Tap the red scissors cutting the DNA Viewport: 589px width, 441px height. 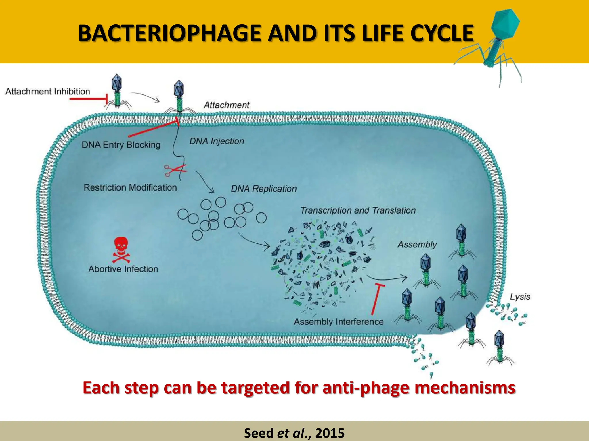[175, 170]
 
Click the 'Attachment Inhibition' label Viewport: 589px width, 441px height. [48, 92]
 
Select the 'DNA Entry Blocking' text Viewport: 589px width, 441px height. [121, 145]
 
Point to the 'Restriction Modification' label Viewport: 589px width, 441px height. [130, 188]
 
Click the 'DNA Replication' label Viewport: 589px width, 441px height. [263, 189]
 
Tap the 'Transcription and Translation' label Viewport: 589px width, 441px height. [358, 210]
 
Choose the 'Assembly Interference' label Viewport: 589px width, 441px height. [339, 322]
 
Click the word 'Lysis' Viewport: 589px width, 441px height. [520, 297]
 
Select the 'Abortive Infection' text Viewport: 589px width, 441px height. [123, 269]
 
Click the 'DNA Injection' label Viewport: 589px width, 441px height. [217, 141]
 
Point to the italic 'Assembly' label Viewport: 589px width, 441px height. [417, 245]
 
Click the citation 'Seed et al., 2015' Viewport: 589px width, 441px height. [294, 433]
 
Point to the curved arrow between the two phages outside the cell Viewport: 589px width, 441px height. [145, 96]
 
